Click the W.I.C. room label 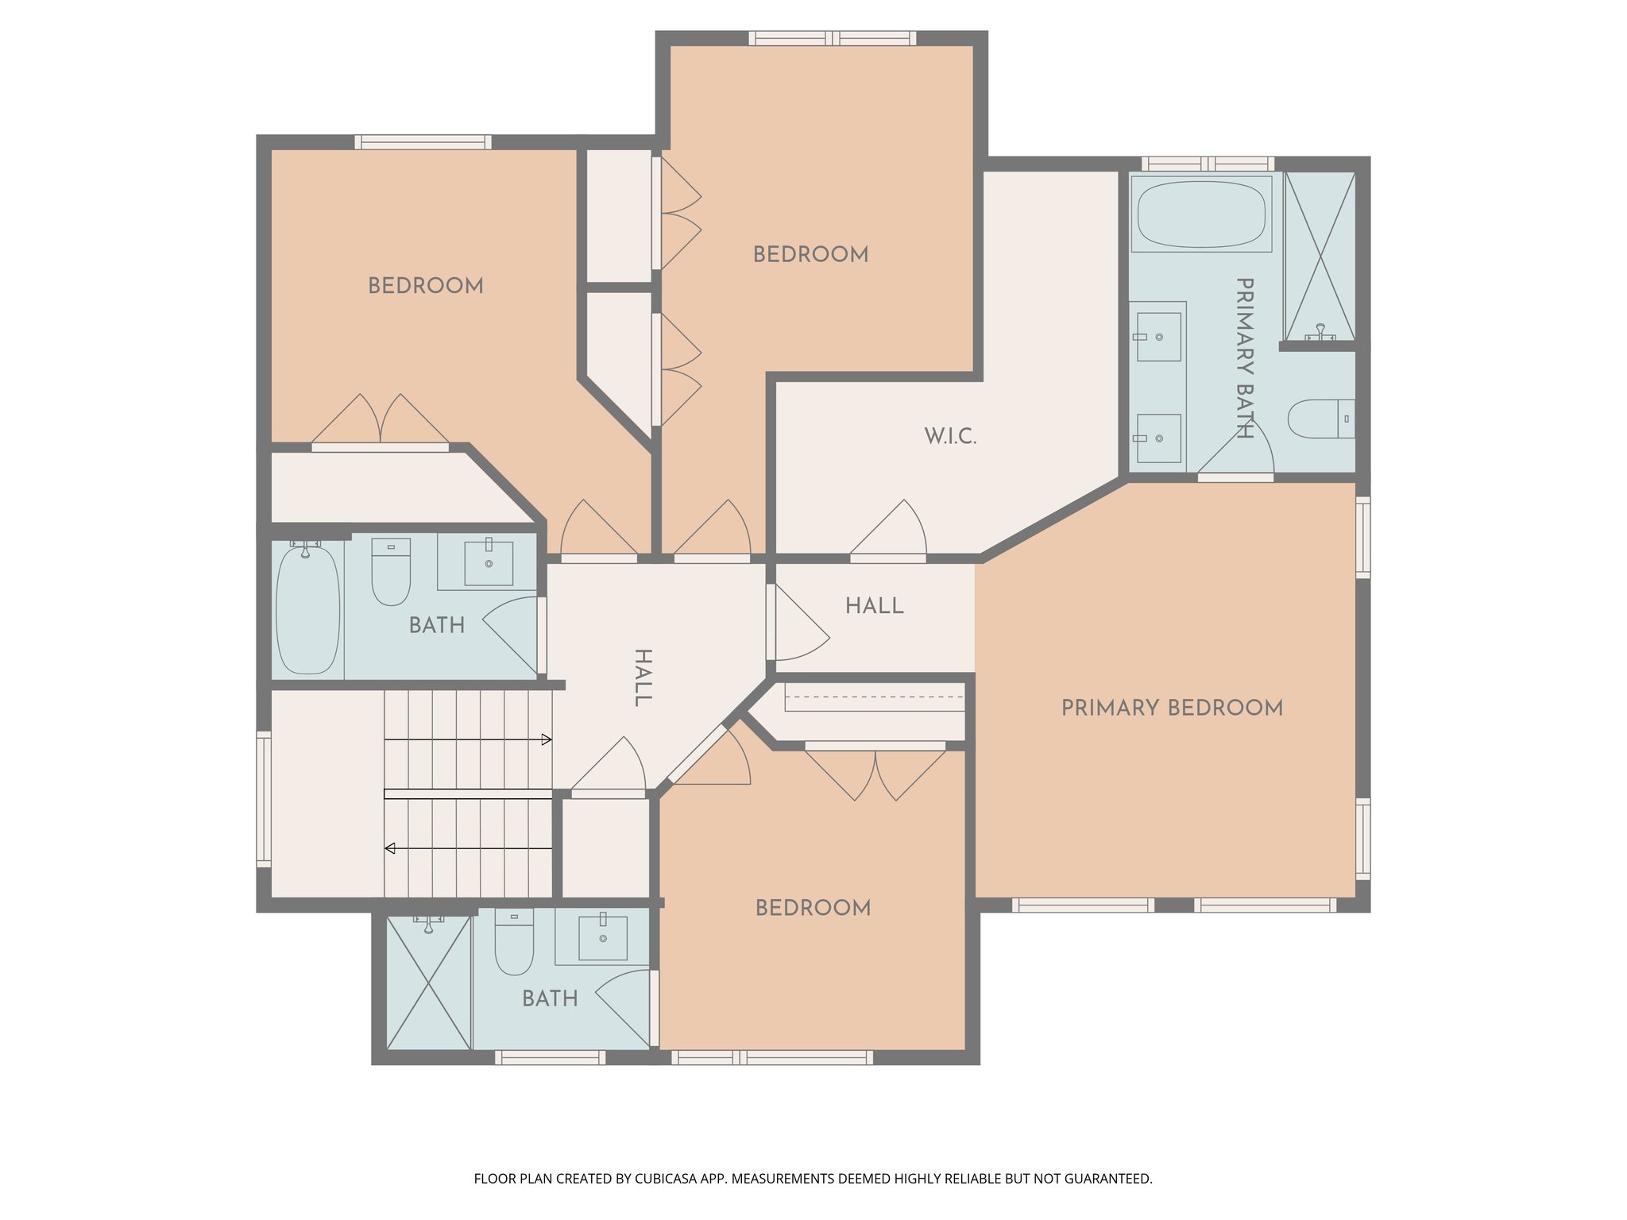950,436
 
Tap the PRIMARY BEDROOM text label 1172,708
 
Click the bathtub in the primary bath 1200,214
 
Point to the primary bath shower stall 1320,257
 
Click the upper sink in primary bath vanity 1158,337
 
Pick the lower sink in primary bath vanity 1158,438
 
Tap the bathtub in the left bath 307,610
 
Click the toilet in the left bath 391,572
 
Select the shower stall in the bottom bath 428,982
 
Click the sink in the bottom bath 602,938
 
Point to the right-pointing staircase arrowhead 547,739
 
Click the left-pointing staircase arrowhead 389,848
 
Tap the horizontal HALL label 874,606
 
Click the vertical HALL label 642,678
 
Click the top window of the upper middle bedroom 832,38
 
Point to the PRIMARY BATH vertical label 1244,357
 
